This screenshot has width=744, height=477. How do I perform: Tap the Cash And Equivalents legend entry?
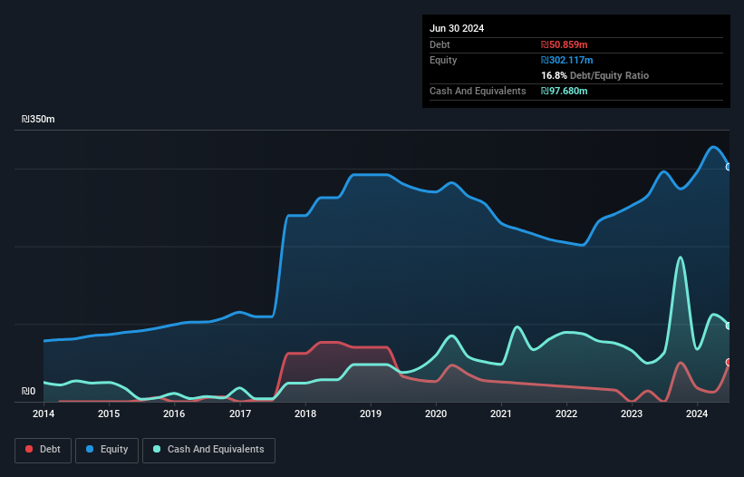pyautogui.click(x=208, y=450)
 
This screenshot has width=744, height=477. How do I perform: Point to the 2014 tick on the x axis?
pyautogui.click(x=43, y=414)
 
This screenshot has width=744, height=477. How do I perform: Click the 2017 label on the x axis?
pyautogui.click(x=240, y=414)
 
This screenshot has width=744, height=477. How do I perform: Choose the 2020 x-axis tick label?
pyautogui.click(x=436, y=414)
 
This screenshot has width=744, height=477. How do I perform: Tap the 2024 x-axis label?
pyautogui.click(x=697, y=414)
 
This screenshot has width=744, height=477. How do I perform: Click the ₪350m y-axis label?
pyautogui.click(x=39, y=120)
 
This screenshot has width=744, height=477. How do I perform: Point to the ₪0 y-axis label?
pyautogui.click(x=29, y=392)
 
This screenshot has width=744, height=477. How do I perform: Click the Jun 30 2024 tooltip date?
pyautogui.click(x=457, y=28)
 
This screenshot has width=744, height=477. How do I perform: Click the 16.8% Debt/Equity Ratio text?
pyautogui.click(x=594, y=75)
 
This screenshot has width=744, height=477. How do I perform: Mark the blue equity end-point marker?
pyautogui.click(x=729, y=167)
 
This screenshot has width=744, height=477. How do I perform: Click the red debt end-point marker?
pyautogui.click(x=729, y=362)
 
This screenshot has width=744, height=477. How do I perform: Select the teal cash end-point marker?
pyautogui.click(x=729, y=326)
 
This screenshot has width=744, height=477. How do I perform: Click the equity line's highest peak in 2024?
pyautogui.click(x=714, y=147)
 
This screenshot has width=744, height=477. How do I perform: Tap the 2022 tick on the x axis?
pyautogui.click(x=566, y=414)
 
